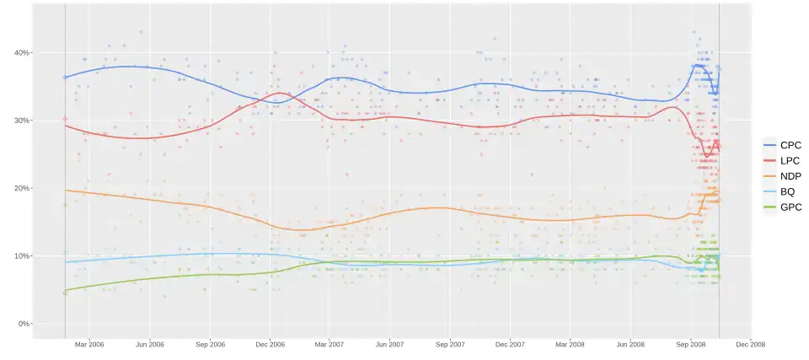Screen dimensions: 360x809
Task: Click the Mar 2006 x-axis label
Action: pyautogui.click(x=89, y=344)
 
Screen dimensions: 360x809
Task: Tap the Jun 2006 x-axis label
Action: pyautogui.click(x=150, y=344)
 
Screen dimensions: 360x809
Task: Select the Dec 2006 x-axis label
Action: pyautogui.click(x=270, y=344)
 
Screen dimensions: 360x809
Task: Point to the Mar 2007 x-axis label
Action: pyautogui.click(x=329, y=344)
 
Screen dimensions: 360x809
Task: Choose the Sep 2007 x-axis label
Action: pyautogui.click(x=451, y=344)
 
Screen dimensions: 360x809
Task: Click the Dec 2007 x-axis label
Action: pyautogui.click(x=511, y=344)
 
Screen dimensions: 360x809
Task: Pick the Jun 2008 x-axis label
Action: pyautogui.click(x=631, y=344)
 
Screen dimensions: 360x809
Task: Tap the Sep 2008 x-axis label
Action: pyautogui.click(x=691, y=344)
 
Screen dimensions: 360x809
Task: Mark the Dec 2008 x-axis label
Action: pyautogui.click(x=751, y=344)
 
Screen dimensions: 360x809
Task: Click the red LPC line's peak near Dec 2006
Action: pyautogui.click(x=280, y=93)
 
